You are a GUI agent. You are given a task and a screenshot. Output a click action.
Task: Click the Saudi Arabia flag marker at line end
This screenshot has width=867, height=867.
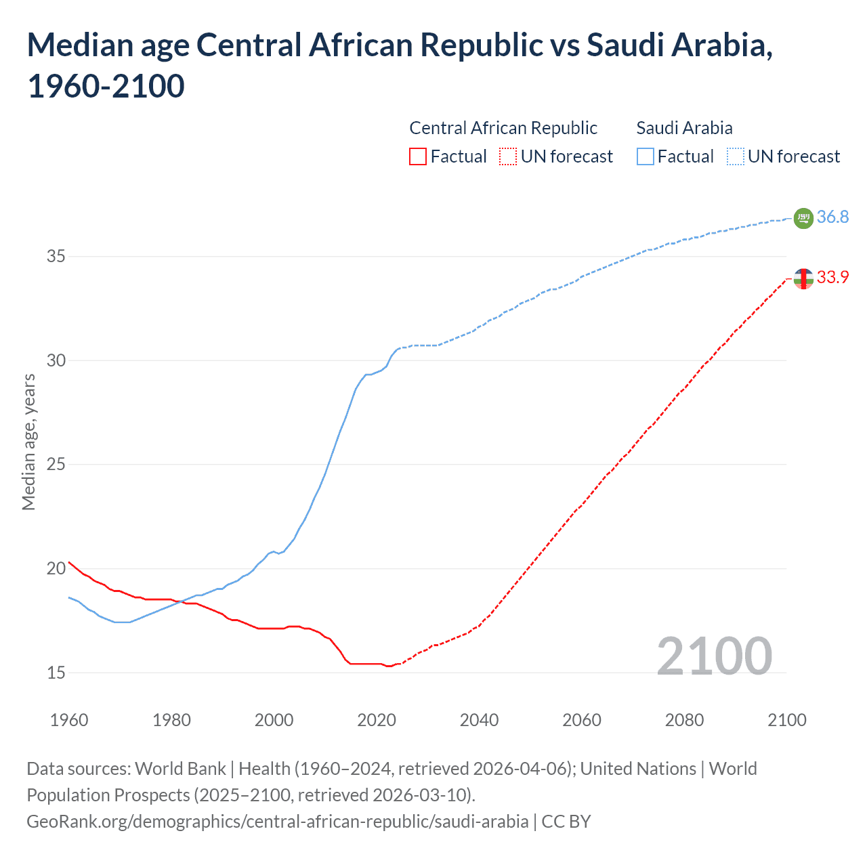pyautogui.click(x=803, y=218)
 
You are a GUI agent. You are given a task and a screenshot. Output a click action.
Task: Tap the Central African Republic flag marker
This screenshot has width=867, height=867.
pyautogui.click(x=803, y=278)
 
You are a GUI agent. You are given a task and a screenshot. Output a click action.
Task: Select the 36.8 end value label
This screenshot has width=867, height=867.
pyautogui.click(x=832, y=217)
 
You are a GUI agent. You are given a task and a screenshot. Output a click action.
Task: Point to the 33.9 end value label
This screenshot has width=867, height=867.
pyautogui.click(x=832, y=277)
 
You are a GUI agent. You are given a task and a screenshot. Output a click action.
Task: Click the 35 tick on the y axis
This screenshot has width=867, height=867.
pyautogui.click(x=56, y=257)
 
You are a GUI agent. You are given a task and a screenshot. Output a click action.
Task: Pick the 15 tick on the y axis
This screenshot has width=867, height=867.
pyautogui.click(x=56, y=673)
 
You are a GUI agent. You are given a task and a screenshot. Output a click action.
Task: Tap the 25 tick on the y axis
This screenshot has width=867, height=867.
pyautogui.click(x=56, y=465)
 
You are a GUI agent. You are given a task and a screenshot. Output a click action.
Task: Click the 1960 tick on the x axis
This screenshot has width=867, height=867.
pyautogui.click(x=69, y=720)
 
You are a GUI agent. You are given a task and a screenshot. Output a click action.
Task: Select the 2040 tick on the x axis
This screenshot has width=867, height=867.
pyautogui.click(x=479, y=720)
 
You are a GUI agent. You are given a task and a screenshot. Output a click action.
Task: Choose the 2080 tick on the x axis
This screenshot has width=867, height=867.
pyautogui.click(x=684, y=720)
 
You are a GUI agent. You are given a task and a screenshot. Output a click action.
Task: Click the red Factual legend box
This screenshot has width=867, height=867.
pyautogui.click(x=418, y=156)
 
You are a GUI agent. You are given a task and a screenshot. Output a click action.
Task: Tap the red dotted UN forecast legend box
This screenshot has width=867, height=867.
pyautogui.click(x=508, y=156)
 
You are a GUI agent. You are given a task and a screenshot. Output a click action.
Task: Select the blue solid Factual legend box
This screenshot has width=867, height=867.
pyautogui.click(x=646, y=156)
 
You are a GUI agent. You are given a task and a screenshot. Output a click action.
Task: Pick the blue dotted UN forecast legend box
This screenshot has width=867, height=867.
pyautogui.click(x=735, y=156)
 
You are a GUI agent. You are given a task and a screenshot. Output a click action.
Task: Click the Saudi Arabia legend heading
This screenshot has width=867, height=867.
pyautogui.click(x=684, y=128)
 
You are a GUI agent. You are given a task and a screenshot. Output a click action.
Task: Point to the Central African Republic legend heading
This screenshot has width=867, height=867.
pyautogui.click(x=503, y=128)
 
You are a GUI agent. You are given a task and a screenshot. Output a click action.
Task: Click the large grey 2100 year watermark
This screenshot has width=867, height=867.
pyautogui.click(x=715, y=656)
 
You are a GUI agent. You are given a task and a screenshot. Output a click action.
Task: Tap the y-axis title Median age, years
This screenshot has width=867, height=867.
pyautogui.click(x=28, y=442)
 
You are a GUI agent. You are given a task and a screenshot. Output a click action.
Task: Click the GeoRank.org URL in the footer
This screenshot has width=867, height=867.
pyautogui.click(x=277, y=822)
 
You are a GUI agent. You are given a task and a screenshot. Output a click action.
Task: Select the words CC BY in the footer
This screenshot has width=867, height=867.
pyautogui.click(x=566, y=822)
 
